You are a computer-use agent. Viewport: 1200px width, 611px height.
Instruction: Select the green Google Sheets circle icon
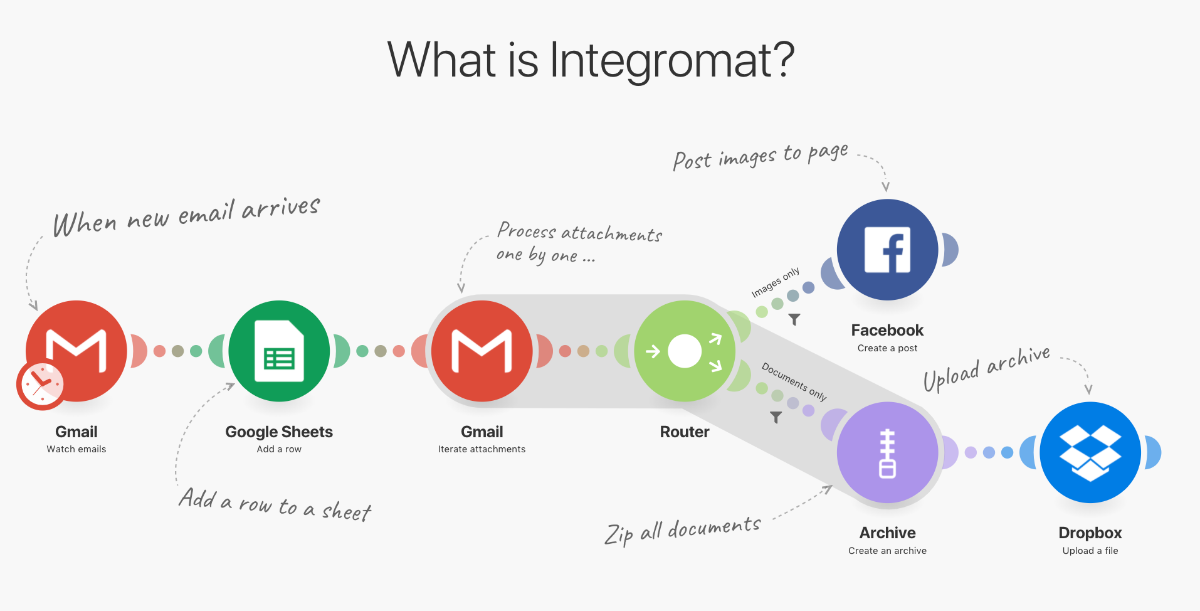pyautogui.click(x=279, y=351)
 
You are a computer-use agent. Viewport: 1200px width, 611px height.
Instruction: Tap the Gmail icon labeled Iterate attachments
pyautogui.click(x=482, y=351)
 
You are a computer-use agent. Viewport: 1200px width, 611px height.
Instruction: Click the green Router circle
pyautogui.click(x=685, y=351)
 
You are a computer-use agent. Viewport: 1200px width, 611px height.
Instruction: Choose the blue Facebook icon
pyautogui.click(x=887, y=250)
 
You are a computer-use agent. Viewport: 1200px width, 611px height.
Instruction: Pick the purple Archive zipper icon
pyautogui.click(x=887, y=452)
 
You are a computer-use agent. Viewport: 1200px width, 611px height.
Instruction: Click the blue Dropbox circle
pyautogui.click(x=1090, y=452)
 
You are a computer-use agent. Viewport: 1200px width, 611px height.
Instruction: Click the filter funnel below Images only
pyautogui.click(x=794, y=319)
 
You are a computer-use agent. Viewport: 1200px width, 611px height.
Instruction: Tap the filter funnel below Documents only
pyautogui.click(x=776, y=417)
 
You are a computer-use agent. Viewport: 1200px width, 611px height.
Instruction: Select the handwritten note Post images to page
pyautogui.click(x=760, y=156)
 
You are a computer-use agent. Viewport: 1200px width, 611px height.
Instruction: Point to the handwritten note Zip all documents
pyautogui.click(x=683, y=531)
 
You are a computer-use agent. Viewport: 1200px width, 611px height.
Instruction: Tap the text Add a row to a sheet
pyautogui.click(x=275, y=505)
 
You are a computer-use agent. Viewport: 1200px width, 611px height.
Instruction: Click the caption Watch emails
pyautogui.click(x=76, y=449)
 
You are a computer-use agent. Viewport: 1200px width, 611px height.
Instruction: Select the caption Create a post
pyautogui.click(x=887, y=348)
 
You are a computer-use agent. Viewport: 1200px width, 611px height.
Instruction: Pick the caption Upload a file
pyautogui.click(x=1090, y=551)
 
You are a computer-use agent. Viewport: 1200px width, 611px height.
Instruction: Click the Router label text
pyautogui.click(x=685, y=432)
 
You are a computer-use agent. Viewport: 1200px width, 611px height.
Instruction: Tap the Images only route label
pyautogui.click(x=776, y=282)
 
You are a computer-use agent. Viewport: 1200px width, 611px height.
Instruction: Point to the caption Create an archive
pyautogui.click(x=887, y=551)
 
